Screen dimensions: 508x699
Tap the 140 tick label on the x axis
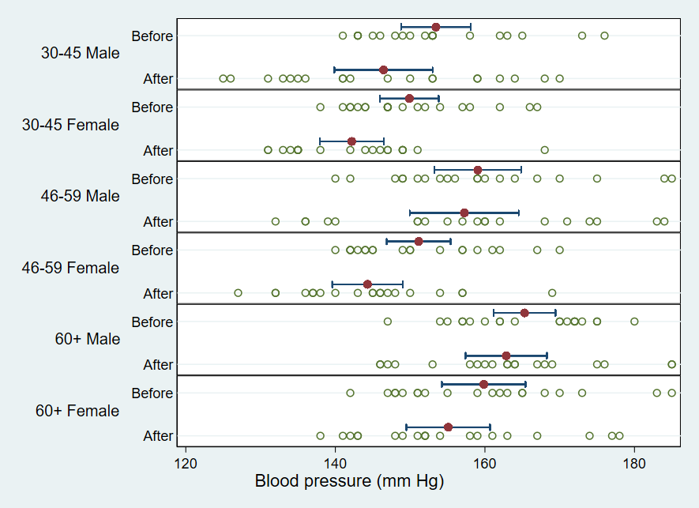tap(335, 461)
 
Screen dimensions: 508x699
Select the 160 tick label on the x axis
tap(485, 461)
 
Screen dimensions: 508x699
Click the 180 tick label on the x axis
tap(634, 461)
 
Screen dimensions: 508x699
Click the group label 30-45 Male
tap(81, 54)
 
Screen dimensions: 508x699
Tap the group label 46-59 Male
tap(81, 196)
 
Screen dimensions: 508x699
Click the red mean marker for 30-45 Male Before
tap(436, 27)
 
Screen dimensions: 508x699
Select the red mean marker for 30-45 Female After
tap(351, 141)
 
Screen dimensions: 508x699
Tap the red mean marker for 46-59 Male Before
tap(478, 170)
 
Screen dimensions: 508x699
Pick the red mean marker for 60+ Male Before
tap(524, 313)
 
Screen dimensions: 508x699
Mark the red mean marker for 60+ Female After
tap(448, 427)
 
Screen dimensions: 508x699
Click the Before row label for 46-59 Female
tap(152, 250)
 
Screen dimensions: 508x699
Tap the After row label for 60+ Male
tap(158, 365)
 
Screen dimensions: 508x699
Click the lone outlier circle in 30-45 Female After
tap(544, 150)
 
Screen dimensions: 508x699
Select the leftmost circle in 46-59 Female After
tap(238, 293)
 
